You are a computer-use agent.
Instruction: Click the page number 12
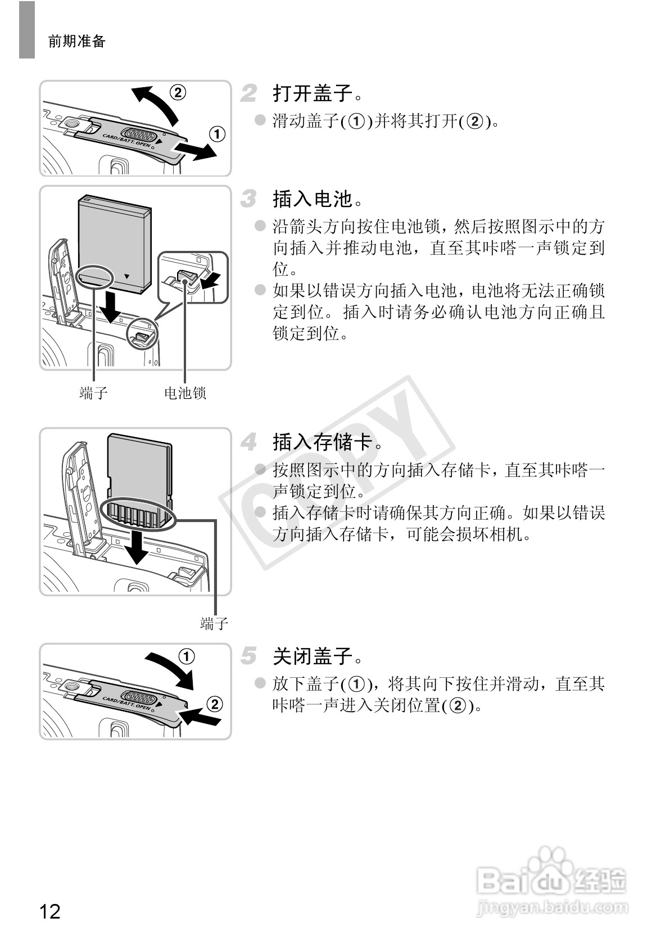coord(49,911)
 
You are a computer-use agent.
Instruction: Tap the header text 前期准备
coord(77,41)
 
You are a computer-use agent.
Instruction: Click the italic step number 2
coord(249,93)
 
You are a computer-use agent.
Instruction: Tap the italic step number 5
coord(249,656)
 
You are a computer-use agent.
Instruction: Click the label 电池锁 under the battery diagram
coord(185,393)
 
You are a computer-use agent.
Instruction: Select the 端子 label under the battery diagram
coord(93,393)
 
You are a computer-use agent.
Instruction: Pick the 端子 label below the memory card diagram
coord(214,623)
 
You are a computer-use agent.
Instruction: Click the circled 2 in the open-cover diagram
coord(178,92)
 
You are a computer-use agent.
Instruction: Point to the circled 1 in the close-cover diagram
coord(187,656)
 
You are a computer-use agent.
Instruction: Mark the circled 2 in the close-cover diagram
coord(215,704)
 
